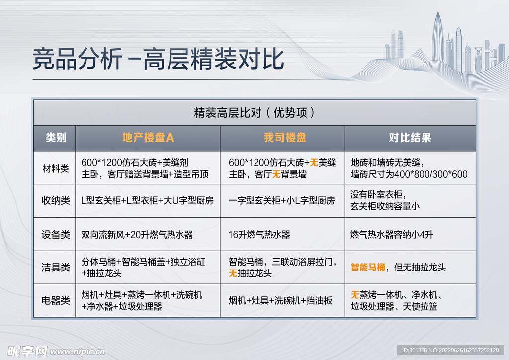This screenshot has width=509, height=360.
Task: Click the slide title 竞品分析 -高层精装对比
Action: pos(158,59)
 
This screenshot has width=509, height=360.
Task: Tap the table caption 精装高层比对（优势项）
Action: pos(254,113)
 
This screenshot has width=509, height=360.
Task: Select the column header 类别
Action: pos(55,138)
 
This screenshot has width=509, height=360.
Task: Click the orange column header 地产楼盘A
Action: pos(148,138)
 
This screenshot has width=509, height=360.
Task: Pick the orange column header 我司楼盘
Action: pos(285,138)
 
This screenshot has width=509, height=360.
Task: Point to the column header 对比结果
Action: pos(410,138)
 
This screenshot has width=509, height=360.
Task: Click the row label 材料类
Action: pos(55,168)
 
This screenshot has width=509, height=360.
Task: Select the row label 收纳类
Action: pos(55,201)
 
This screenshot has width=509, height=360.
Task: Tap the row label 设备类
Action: pos(55,234)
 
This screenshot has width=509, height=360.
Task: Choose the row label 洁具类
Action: pos(55,267)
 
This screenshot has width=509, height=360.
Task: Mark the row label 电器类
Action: pos(55,300)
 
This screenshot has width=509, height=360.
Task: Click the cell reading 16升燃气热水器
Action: pos(259,234)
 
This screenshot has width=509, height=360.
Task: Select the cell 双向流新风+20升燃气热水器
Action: pos(137,234)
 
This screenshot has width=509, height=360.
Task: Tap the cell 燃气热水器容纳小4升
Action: pos(392,234)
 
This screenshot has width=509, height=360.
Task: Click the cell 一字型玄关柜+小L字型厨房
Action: pos(281,201)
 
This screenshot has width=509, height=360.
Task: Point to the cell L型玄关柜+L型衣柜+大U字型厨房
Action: pos(147,201)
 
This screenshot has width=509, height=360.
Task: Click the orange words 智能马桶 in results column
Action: pos(368,267)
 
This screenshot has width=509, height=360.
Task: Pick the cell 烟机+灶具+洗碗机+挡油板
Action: pos(280,300)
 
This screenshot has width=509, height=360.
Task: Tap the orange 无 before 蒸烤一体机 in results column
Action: pos(355,295)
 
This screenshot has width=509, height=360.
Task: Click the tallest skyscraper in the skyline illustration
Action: pos(437,42)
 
